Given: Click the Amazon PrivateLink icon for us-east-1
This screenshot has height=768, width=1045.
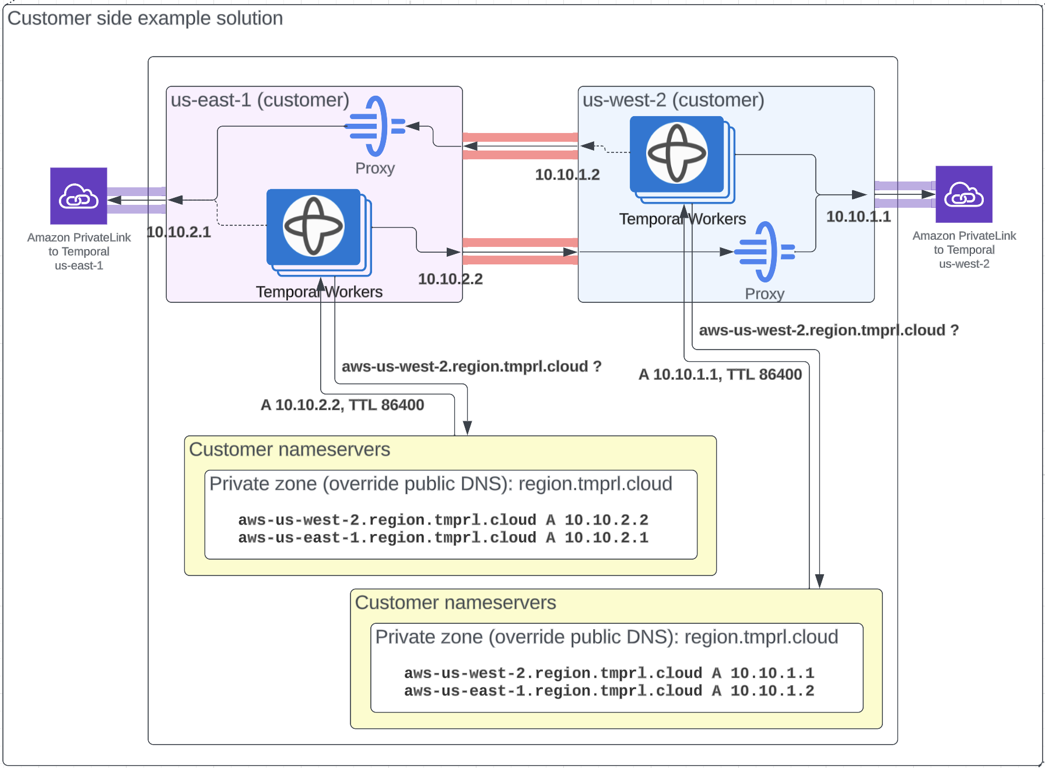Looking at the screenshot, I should (x=79, y=196).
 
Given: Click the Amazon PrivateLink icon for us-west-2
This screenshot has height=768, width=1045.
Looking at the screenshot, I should (x=963, y=194).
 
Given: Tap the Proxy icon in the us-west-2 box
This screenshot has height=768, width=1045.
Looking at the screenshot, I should (x=765, y=252).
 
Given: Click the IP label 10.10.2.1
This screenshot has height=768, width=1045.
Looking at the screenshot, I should (x=178, y=232).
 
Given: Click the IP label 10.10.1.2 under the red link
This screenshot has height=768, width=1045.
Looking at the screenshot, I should (x=567, y=174).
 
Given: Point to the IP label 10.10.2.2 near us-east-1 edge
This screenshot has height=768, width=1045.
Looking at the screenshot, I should (x=450, y=279).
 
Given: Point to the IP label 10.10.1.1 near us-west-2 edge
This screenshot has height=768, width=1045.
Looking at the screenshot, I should (x=858, y=217).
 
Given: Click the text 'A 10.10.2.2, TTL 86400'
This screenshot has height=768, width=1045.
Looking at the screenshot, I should (x=342, y=405).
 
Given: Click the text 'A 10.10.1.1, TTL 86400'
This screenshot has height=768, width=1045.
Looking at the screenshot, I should (x=720, y=375).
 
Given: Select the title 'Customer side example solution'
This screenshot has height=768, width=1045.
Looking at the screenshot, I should (x=145, y=19).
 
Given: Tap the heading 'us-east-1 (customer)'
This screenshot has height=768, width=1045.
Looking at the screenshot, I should (x=260, y=100).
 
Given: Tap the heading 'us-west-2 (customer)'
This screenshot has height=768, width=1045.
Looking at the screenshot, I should (x=673, y=100).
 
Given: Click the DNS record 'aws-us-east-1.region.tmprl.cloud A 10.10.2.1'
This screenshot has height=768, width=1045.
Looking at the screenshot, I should (x=443, y=537).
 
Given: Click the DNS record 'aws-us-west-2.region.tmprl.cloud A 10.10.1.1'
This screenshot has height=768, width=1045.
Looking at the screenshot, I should (x=609, y=673).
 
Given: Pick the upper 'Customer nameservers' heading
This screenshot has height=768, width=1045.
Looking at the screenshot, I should (x=289, y=449).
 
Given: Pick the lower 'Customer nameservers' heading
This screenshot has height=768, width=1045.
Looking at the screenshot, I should (x=455, y=602).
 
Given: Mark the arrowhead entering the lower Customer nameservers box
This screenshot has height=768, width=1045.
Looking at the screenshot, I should (x=819, y=581).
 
